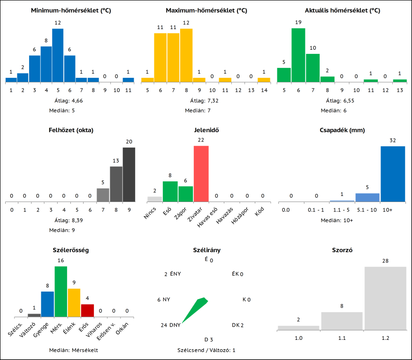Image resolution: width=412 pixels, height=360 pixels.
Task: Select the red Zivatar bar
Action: pos(201,173)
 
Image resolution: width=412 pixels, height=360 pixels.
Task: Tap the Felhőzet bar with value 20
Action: pos(129,174)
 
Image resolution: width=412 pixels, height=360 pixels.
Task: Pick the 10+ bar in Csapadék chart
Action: pos(392,173)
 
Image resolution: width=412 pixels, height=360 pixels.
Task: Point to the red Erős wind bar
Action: pos(87,310)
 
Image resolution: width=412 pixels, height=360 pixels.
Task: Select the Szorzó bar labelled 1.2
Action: pos(385,298)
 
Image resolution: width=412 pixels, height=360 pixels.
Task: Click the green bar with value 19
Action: pos(298,55)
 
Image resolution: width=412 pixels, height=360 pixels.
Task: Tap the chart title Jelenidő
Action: pos(206,130)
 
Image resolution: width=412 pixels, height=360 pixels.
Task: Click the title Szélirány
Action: pos(206,250)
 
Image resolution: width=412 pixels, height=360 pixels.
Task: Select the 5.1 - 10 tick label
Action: pos(367,210)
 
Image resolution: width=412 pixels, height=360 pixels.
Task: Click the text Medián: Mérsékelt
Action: pos(74,350)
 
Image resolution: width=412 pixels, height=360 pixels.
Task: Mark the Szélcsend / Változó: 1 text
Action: pos(206,350)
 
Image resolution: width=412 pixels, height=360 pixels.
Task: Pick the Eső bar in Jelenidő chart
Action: pos(170,191)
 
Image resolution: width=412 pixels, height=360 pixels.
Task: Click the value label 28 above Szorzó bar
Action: pos(385,261)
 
